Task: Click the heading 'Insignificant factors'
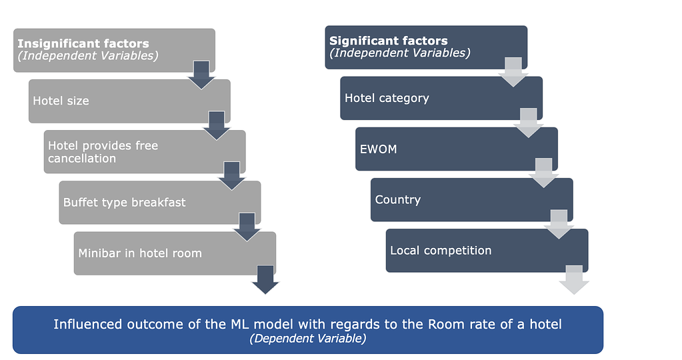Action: tap(83, 44)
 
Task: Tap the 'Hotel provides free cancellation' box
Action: tap(133, 152)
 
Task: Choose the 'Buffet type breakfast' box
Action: tap(147, 203)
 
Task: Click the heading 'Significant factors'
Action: tap(389, 41)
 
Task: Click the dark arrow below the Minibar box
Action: tap(265, 279)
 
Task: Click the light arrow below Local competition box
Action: tap(574, 279)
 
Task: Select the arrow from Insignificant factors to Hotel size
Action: tap(201, 75)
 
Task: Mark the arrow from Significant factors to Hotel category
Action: tap(513, 72)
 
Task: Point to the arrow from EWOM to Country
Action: tap(543, 173)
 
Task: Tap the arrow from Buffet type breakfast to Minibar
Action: tap(247, 227)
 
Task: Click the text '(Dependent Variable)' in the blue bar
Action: tap(307, 339)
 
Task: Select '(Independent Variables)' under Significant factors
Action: tap(400, 53)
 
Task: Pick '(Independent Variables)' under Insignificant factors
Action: tap(88, 56)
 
